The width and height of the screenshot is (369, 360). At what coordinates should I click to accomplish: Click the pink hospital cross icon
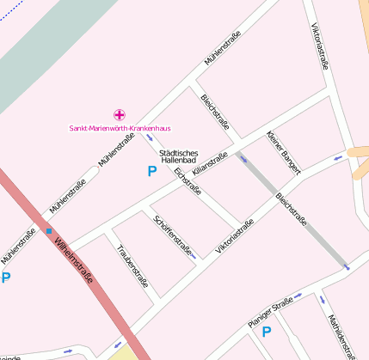pyautogui.click(x=119, y=114)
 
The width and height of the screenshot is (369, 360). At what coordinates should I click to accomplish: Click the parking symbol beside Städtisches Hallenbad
pyautogui.click(x=152, y=171)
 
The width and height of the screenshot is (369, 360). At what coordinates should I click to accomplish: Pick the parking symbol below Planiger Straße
pyautogui.click(x=267, y=331)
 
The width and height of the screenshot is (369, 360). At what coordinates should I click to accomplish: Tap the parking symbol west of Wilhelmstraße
pyautogui.click(x=5, y=278)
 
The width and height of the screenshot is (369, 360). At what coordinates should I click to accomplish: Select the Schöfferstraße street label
pyautogui.click(x=171, y=235)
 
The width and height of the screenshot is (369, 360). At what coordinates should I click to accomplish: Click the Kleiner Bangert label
pyautogui.click(x=283, y=152)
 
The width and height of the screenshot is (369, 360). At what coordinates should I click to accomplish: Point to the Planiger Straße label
pyautogui.click(x=270, y=311)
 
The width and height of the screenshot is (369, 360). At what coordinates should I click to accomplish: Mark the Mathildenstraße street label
pyautogui.click(x=341, y=334)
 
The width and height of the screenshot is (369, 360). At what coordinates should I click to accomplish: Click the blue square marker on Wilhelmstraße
pyautogui.click(x=49, y=230)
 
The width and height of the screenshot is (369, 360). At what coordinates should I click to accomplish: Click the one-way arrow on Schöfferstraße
pyautogui.click(x=194, y=256)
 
